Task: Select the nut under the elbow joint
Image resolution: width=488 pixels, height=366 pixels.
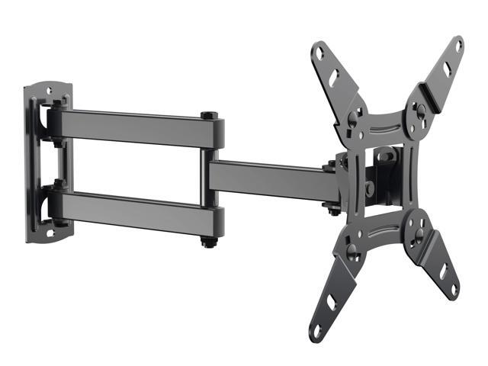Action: [207, 242]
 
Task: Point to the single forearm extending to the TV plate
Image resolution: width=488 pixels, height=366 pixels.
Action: [267, 180]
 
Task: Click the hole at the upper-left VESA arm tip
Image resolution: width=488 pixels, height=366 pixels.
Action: [321, 54]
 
